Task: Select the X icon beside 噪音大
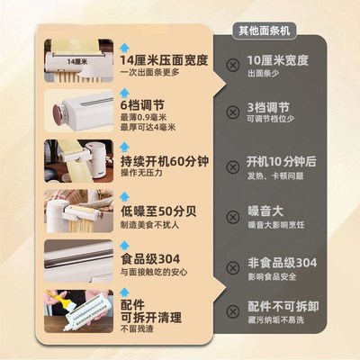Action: pos(233,219)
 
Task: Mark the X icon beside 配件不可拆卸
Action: pos(233,312)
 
